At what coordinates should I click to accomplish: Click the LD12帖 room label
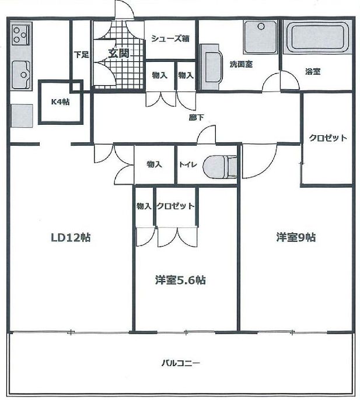pos(70,238)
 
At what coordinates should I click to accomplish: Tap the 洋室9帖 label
pos(296,237)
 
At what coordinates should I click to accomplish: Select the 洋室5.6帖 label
pos(180,280)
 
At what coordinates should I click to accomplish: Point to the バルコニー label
pos(181,363)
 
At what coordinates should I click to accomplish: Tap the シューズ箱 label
pos(170,39)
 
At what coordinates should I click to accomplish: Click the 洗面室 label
pos(240,64)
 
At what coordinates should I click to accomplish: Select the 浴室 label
pos(313,72)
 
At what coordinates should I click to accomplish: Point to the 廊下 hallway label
pos(196,117)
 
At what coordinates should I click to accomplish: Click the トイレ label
pos(188,164)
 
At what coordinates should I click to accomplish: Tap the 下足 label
pos(81,55)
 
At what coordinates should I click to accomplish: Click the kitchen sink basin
pos(22,75)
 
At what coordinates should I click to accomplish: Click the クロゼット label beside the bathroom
pos(327,138)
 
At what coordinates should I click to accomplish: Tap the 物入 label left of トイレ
pos(154,164)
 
